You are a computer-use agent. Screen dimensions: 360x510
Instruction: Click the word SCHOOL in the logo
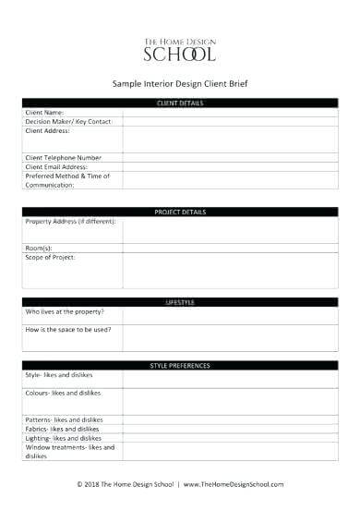(179, 54)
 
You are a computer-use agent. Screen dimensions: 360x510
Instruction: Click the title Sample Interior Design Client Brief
(179, 82)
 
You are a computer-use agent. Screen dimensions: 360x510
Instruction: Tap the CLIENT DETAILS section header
(180, 103)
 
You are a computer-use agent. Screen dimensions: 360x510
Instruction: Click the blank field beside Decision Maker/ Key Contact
(232, 120)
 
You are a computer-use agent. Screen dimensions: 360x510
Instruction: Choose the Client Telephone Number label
(64, 157)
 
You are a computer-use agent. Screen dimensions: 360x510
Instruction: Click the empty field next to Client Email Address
(232, 166)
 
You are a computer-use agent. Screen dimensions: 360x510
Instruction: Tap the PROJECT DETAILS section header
(180, 212)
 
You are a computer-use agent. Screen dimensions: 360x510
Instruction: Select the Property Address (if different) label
(70, 222)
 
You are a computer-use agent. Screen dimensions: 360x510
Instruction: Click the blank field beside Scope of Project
(232, 270)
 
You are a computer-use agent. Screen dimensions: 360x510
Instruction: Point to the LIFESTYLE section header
(180, 302)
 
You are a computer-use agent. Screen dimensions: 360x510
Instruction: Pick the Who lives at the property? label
(65, 311)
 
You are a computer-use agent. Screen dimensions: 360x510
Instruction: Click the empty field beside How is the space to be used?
(232, 338)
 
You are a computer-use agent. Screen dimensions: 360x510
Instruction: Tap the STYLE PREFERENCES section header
(180, 366)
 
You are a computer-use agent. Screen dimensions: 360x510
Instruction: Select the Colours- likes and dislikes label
(63, 393)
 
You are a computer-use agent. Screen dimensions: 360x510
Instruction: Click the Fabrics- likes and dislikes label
(62, 429)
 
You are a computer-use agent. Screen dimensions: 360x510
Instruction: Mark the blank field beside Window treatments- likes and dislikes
(232, 451)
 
